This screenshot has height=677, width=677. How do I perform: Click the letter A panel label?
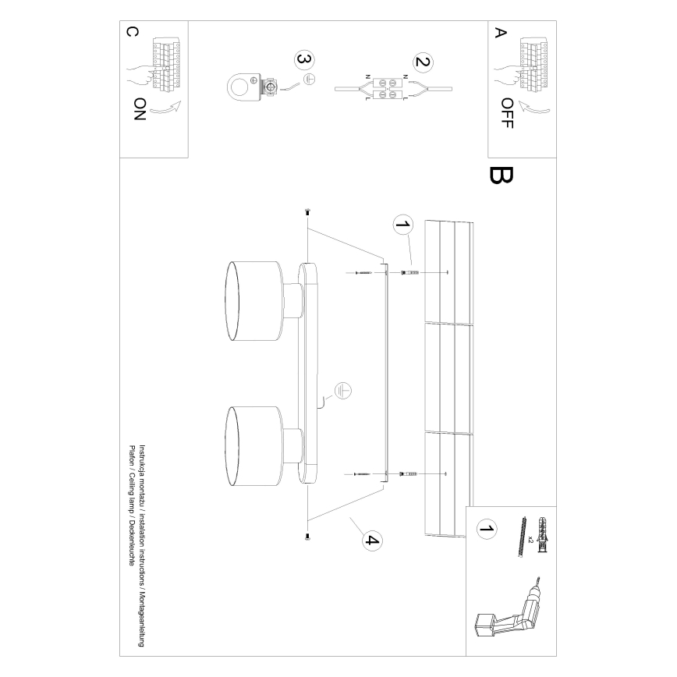pyautogui.click(x=500, y=33)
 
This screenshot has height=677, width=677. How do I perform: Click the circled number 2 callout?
pyautogui.click(x=422, y=62)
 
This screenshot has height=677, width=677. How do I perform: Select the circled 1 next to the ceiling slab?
pyautogui.click(x=402, y=225)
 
